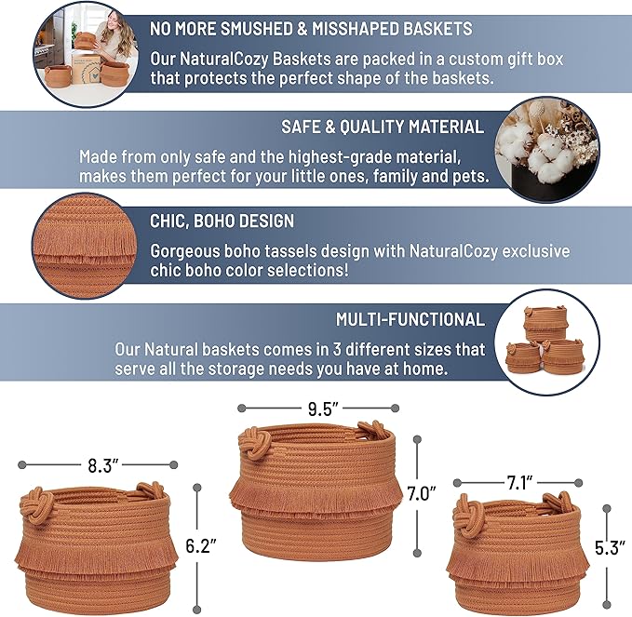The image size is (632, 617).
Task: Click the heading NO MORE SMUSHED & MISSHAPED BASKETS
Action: pos(311,29)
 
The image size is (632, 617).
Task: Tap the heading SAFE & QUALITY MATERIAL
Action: pos(383,127)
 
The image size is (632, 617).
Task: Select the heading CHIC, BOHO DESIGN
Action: pos(222,222)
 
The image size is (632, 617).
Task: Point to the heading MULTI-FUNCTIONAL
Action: pos(410,319)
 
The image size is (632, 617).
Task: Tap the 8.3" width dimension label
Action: pos(97,463)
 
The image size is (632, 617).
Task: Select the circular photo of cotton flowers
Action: pos(544,151)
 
